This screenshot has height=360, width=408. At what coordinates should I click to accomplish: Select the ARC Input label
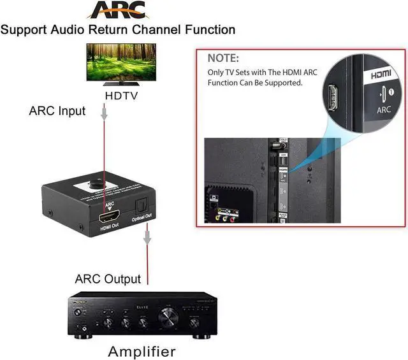point(57,111)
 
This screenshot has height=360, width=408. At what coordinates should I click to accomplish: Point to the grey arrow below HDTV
point(105,113)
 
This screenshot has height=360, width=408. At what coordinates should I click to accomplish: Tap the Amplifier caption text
point(141,351)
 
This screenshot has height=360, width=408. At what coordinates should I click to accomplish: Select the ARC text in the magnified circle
point(384,110)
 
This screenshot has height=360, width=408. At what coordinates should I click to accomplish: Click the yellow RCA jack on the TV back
point(219,215)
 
